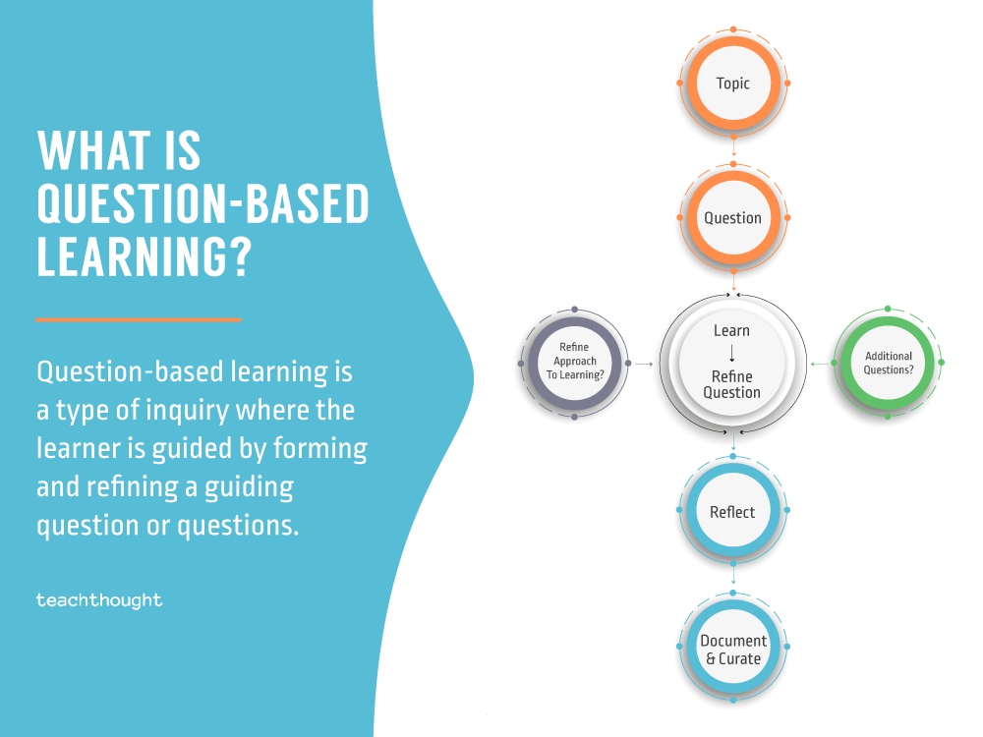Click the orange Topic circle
click(733, 84)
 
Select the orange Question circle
click(733, 218)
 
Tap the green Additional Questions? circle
click(888, 363)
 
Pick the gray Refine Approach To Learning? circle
click(574, 363)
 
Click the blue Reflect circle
click(733, 512)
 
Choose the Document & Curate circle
click(733, 650)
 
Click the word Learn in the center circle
click(732, 331)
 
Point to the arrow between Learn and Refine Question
click(732, 354)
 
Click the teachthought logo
click(99, 599)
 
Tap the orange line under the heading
click(138, 319)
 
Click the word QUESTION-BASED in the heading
click(202, 204)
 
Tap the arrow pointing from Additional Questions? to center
click(818, 364)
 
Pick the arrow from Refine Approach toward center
click(644, 364)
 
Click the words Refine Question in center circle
click(732, 384)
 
